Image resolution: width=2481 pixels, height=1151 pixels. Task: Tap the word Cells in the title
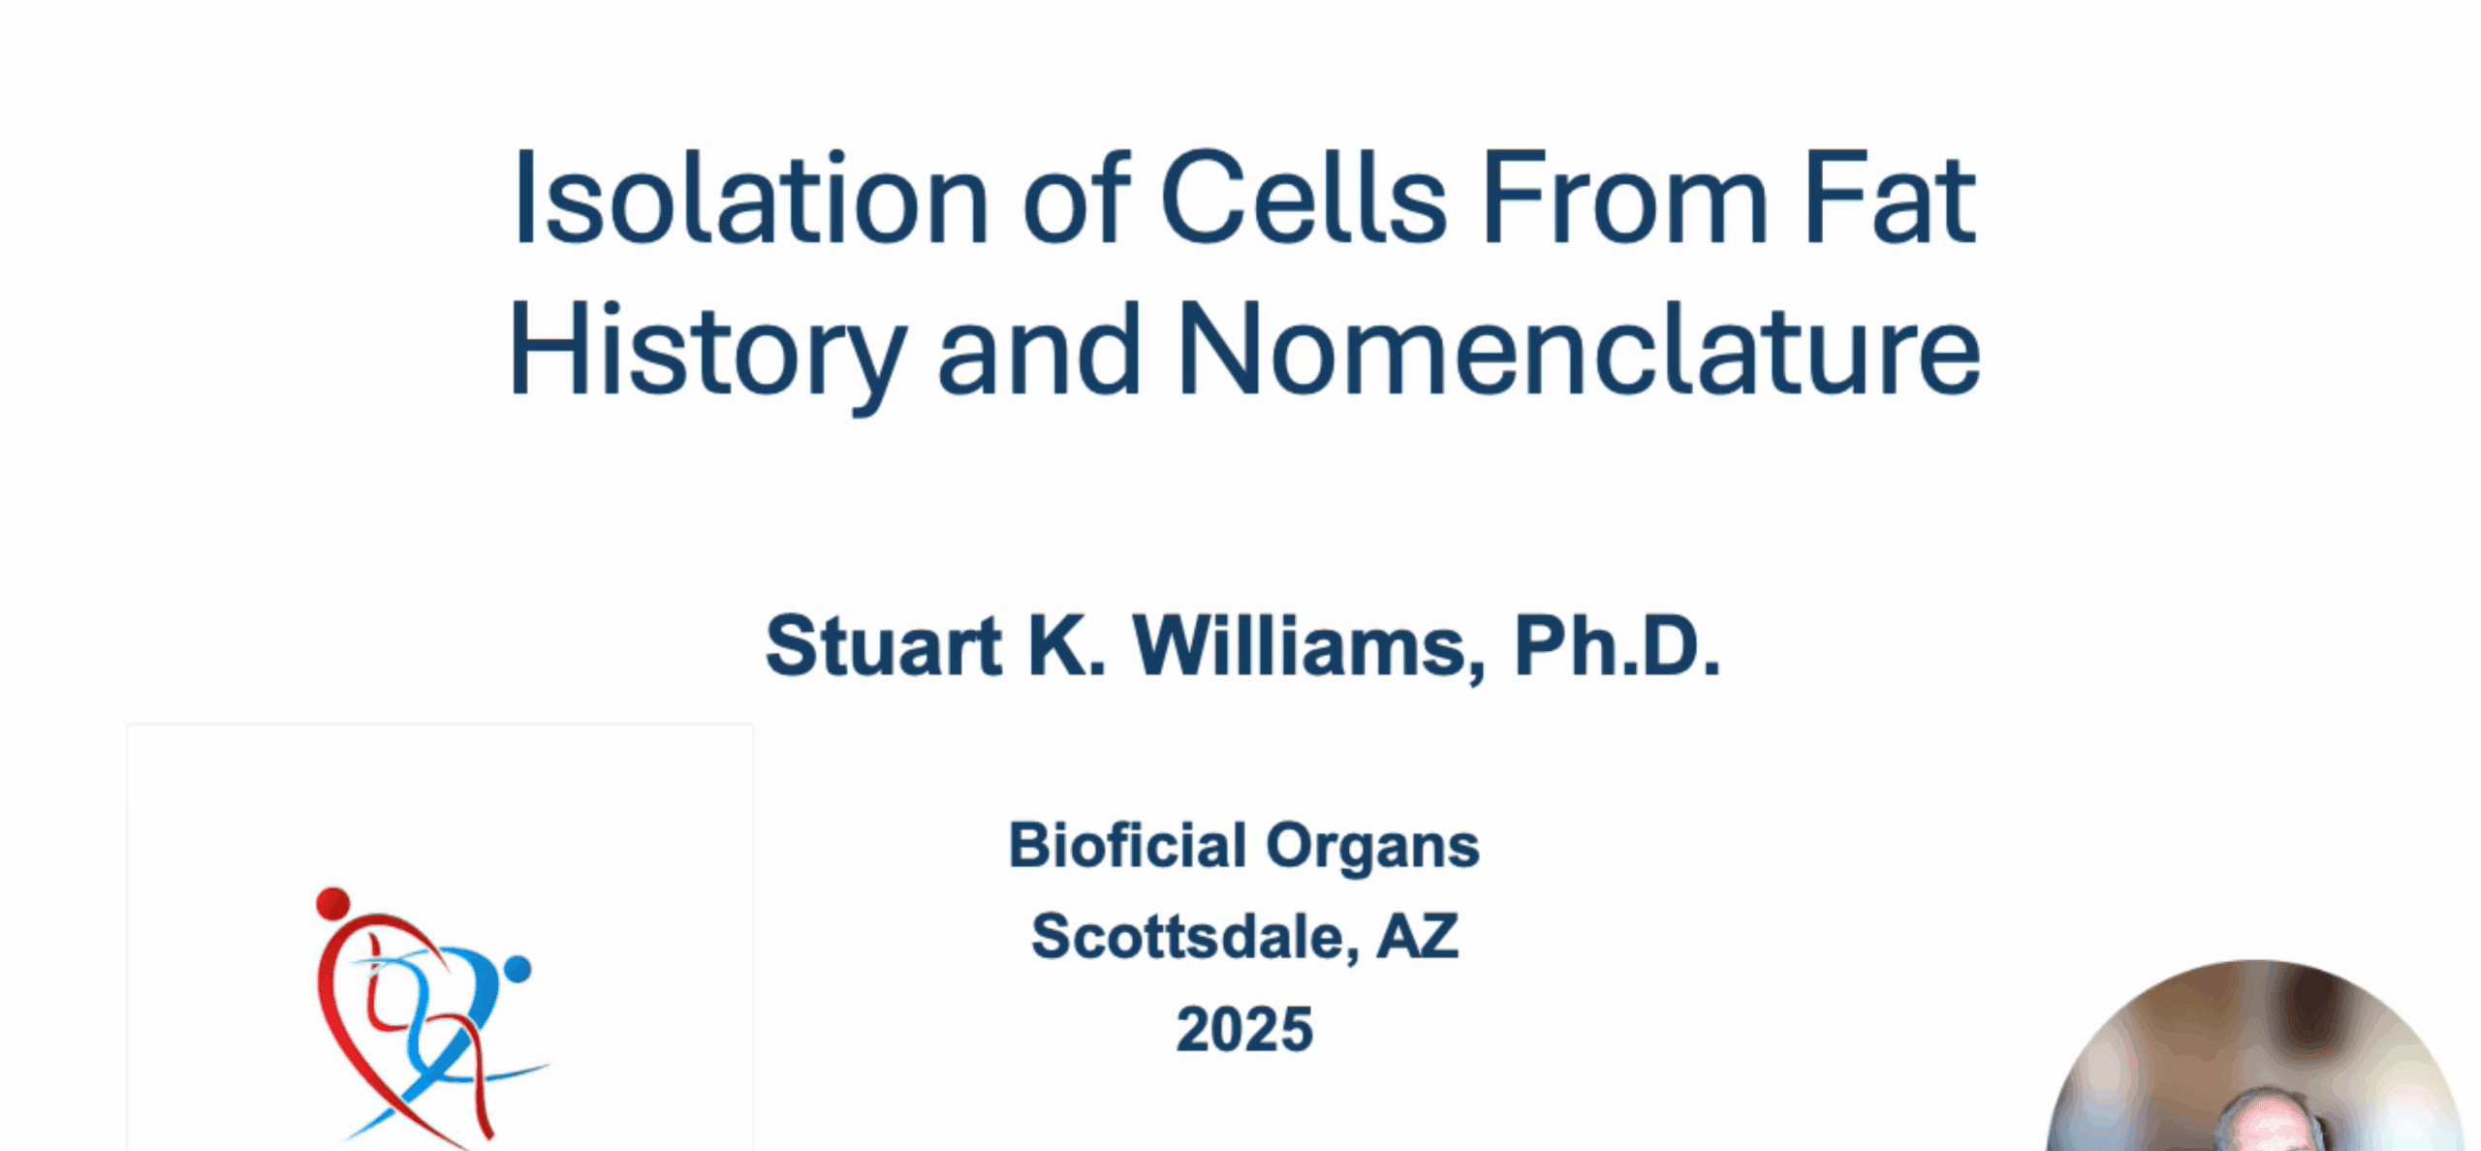1303,198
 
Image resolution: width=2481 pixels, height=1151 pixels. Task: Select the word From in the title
1626,198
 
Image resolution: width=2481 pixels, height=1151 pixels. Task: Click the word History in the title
708,351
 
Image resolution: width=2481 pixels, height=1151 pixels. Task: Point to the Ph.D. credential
1617,645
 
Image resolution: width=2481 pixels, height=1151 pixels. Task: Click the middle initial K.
1067,645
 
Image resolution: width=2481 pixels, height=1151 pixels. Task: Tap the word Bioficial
1127,845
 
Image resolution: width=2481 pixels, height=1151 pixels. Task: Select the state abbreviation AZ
1418,936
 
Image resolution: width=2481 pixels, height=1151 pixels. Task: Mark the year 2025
1244,1028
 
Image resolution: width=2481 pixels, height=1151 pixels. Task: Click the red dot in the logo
332,903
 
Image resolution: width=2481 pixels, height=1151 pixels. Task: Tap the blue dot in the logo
518,969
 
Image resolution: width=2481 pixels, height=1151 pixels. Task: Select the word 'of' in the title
1075,198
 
